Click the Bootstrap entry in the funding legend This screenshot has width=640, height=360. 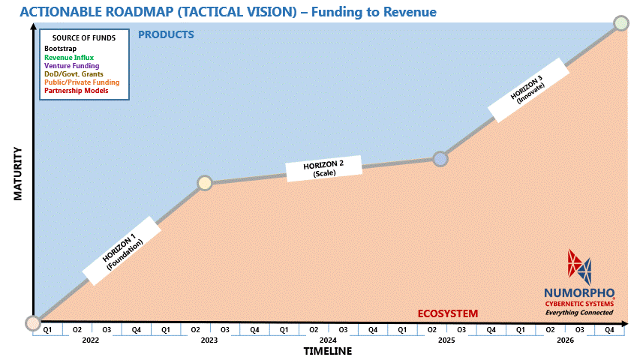(x=60, y=49)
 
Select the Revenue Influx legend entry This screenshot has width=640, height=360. (x=69, y=57)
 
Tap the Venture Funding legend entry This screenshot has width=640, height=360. (x=71, y=65)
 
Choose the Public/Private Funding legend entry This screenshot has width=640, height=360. (x=82, y=82)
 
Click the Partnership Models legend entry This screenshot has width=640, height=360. (x=76, y=90)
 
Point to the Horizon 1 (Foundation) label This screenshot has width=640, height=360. (x=123, y=251)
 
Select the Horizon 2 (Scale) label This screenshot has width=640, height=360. (x=324, y=168)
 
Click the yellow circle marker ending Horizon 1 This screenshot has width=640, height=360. (x=205, y=183)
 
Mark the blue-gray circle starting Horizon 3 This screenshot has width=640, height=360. (x=441, y=159)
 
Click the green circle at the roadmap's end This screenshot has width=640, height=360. (x=621, y=23)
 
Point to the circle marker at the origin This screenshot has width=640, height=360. (x=33, y=323)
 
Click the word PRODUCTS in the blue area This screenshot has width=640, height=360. (x=166, y=34)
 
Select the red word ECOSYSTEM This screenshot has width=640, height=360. (x=447, y=313)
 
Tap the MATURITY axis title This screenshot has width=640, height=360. (x=19, y=173)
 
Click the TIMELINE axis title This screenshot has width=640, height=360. (x=327, y=351)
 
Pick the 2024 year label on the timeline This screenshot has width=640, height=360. (x=328, y=340)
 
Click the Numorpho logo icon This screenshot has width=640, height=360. (x=579, y=265)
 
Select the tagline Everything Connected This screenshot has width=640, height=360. (x=579, y=312)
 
